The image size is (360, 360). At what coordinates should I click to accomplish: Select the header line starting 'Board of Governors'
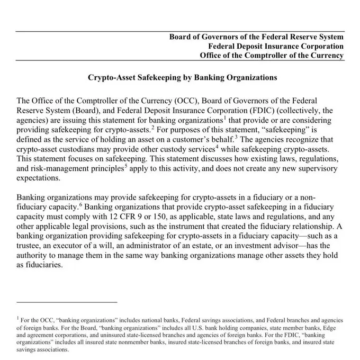(x=256, y=37)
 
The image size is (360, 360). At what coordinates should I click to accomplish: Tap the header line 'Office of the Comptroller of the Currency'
(x=271, y=56)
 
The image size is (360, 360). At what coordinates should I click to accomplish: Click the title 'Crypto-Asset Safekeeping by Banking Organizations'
(x=182, y=77)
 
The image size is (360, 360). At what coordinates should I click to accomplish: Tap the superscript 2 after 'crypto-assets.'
(x=152, y=127)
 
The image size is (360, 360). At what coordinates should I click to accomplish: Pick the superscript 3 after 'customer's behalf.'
(x=237, y=137)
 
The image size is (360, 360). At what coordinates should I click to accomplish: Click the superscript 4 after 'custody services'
(x=217, y=146)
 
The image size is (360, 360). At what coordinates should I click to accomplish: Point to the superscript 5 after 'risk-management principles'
(x=125, y=165)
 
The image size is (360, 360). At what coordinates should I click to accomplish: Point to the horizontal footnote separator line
(x=67, y=302)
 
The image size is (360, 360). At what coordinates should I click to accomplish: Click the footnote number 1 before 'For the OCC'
(x=18, y=319)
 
